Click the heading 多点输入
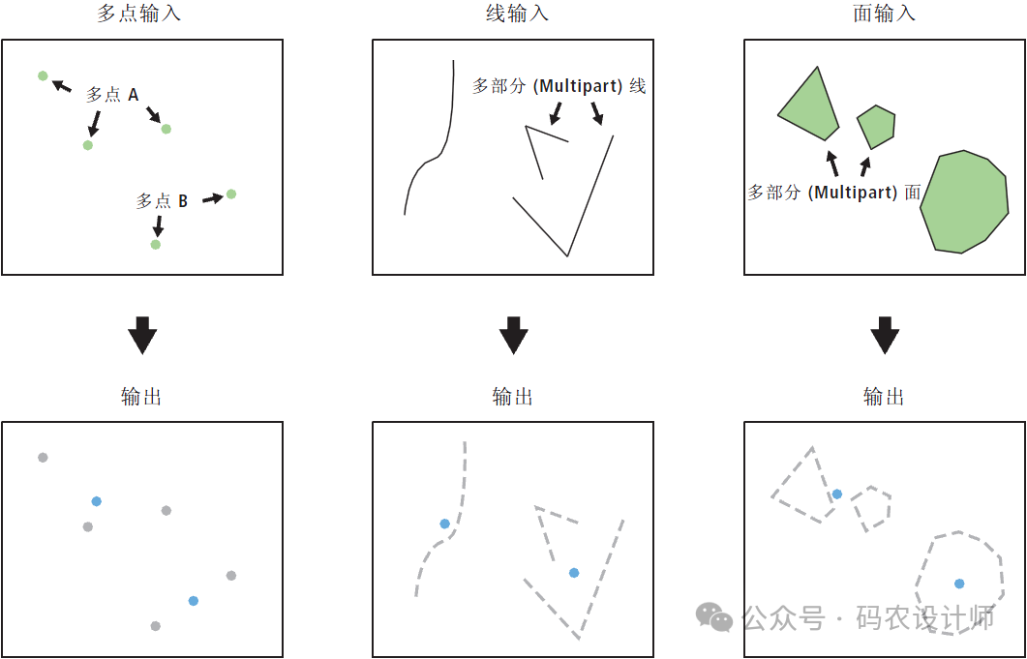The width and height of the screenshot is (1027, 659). click(138, 14)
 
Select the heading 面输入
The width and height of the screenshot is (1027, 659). click(884, 14)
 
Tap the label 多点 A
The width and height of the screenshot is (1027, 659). click(112, 96)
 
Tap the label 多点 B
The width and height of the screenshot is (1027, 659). click(162, 201)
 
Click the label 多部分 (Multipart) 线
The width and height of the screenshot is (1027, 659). click(559, 86)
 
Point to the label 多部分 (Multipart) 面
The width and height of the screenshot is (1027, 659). click(835, 193)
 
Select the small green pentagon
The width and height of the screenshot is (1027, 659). click(876, 127)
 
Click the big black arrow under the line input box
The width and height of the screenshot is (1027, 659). click(513, 335)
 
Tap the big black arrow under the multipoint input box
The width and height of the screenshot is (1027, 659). click(142, 335)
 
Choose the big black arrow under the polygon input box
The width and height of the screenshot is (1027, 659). click(884, 335)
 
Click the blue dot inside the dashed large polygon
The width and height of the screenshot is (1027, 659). click(959, 584)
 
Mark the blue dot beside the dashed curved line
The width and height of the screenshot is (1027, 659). click(444, 524)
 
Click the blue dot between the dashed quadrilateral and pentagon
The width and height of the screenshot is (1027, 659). click(836, 494)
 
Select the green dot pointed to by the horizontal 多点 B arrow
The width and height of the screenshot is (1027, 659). click(230, 194)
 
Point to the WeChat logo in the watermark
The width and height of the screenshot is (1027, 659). click(714, 617)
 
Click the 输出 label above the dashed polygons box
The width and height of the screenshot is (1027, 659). click(884, 397)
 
